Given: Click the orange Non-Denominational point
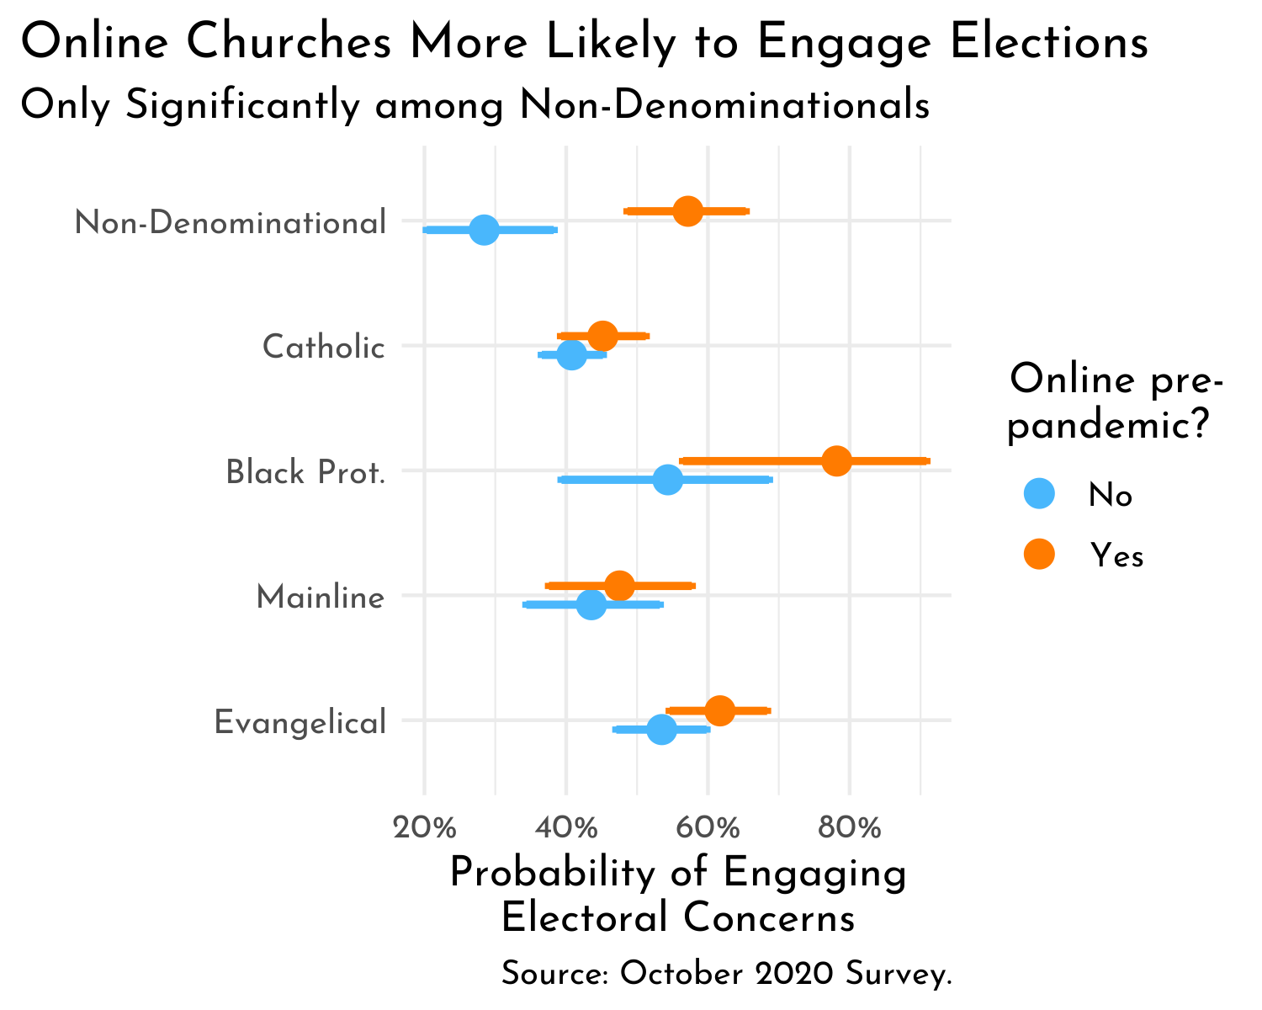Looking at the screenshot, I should click(x=688, y=211).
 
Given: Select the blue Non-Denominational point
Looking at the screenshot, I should click(x=484, y=230).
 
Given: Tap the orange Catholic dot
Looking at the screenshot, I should click(x=602, y=336).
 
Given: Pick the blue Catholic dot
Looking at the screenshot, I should click(x=571, y=354).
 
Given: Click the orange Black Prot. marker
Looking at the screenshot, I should click(x=837, y=461).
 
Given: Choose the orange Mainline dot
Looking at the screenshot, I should click(x=619, y=586).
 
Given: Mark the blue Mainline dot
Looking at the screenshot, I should click(x=591, y=604).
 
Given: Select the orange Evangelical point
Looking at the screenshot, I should click(x=720, y=710).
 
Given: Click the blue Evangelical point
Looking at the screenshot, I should click(x=662, y=729).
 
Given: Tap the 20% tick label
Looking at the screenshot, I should click(x=425, y=828).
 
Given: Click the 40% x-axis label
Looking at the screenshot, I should click(x=566, y=828).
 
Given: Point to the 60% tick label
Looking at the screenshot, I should click(x=708, y=828).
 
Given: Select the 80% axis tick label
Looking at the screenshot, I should click(x=850, y=828).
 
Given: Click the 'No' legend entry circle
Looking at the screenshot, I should click(x=1040, y=494).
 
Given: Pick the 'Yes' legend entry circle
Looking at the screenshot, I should click(x=1040, y=555).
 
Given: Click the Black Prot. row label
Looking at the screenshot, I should click(x=306, y=473).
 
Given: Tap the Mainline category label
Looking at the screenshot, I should click(x=321, y=598).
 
